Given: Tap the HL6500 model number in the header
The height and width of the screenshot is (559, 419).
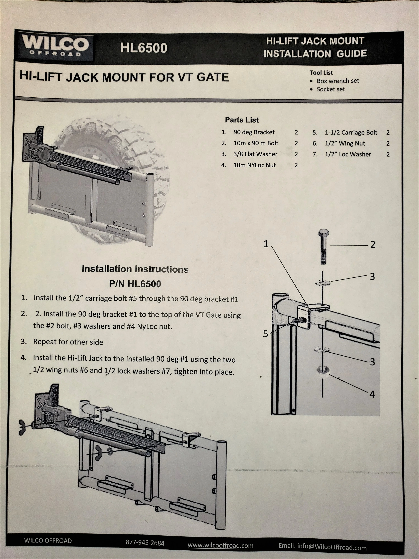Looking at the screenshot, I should click(x=143, y=48).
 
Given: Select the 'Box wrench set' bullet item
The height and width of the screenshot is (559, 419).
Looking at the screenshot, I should click(x=338, y=81).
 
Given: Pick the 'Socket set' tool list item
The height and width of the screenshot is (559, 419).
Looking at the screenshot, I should click(x=331, y=89).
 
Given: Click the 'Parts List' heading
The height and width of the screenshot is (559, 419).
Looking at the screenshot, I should click(x=242, y=120).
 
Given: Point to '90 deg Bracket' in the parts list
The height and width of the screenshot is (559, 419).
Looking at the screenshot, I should click(x=254, y=132).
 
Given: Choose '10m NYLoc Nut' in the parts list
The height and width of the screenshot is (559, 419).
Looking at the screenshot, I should click(x=254, y=165).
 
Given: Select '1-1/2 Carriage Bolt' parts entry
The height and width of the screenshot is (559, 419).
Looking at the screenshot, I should click(x=351, y=133).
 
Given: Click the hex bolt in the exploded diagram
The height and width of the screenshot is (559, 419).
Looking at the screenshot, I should click(x=323, y=246).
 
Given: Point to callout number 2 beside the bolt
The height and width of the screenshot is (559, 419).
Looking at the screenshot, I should click(x=373, y=245).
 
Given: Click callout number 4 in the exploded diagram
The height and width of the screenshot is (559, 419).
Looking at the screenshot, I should click(x=372, y=394).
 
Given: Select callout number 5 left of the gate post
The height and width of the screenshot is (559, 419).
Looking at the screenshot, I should click(x=265, y=334).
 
